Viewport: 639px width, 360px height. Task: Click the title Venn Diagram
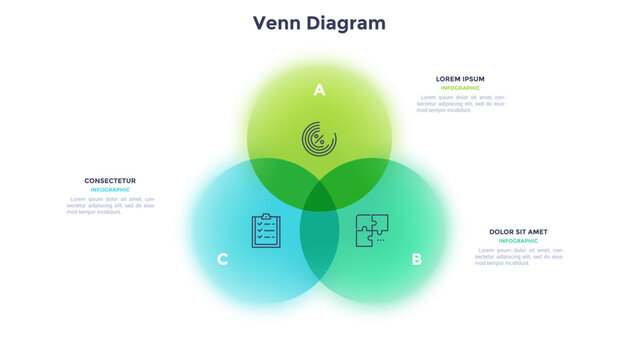[x=319, y=23]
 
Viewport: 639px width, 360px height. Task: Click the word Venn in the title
[x=274, y=23]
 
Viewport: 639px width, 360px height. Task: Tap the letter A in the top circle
[x=319, y=90]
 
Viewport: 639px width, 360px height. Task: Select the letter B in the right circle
[x=416, y=260]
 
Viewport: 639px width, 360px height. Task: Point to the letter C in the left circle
[x=222, y=260]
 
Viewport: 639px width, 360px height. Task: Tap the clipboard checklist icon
[x=266, y=230]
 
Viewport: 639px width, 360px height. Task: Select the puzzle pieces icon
[x=372, y=230]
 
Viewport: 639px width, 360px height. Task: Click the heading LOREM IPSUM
[x=460, y=79]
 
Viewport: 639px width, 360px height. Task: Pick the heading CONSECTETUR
[x=110, y=181]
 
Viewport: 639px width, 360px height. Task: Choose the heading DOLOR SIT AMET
[x=518, y=232]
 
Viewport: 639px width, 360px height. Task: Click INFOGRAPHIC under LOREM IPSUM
[x=460, y=88]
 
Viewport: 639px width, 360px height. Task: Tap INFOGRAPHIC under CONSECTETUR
[x=110, y=190]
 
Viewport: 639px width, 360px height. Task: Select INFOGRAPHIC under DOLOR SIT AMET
[x=518, y=241]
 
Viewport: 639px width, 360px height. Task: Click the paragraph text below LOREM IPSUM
[x=460, y=103]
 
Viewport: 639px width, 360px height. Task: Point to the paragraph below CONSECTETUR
[x=110, y=205]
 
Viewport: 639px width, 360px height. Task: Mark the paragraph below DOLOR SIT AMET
[x=518, y=256]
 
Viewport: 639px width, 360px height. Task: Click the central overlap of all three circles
[x=319, y=197]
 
